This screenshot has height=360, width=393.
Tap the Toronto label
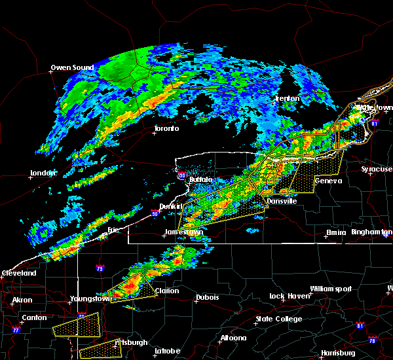(x=166, y=128)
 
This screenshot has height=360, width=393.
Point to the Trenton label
(x=287, y=98)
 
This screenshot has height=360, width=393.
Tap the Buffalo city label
(x=200, y=179)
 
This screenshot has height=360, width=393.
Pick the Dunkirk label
(x=172, y=206)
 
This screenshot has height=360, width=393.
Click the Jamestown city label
(x=184, y=232)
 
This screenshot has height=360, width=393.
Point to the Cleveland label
(x=18, y=273)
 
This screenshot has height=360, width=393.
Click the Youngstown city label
(x=90, y=299)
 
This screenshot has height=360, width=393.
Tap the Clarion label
(x=168, y=291)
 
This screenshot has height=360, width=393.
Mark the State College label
(x=279, y=319)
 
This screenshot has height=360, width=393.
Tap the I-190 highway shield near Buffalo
(x=181, y=175)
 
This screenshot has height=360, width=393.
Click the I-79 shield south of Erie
(x=100, y=268)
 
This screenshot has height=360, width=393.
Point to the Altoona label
(x=233, y=338)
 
